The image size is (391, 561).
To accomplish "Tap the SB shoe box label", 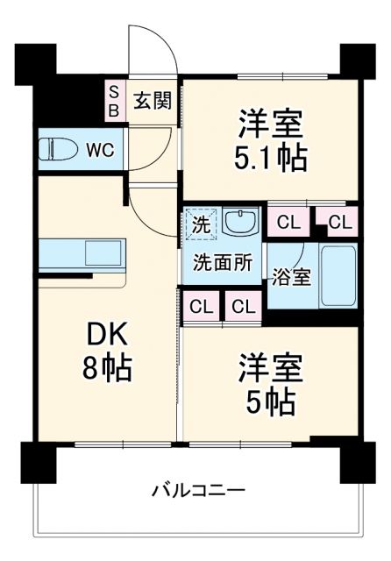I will [x=114, y=100].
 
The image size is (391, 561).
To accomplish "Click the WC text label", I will [x=99, y=149].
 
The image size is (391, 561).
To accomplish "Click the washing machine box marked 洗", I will [x=200, y=224].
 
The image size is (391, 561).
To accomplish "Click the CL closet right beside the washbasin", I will [x=288, y=223].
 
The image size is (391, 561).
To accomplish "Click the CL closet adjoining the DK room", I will [x=202, y=307].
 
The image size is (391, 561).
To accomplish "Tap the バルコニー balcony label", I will [x=197, y=488].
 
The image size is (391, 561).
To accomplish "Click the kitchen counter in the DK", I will [x=79, y=256].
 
